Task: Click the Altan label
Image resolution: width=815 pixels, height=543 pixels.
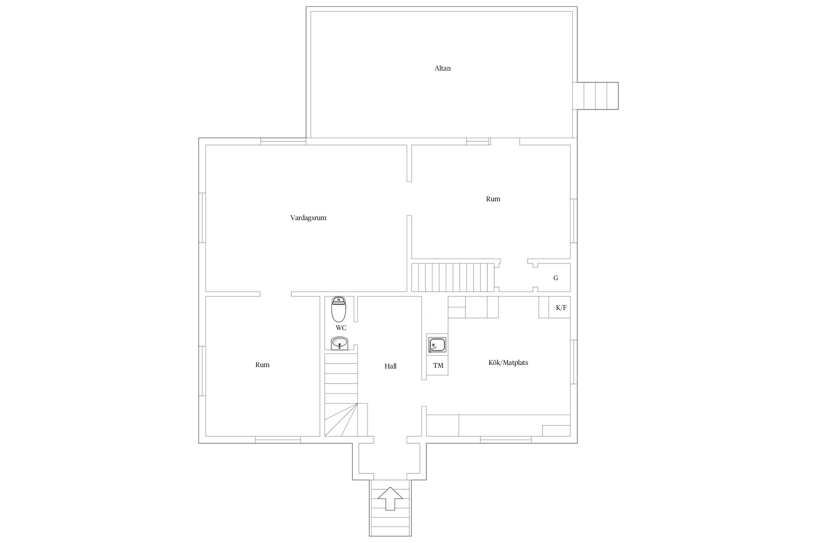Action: (x=443, y=68)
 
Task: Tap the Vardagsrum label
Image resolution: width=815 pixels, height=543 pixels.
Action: (x=308, y=218)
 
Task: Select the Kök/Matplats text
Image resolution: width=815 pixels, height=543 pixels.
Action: (x=508, y=362)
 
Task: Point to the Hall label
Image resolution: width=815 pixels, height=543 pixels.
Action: (x=390, y=366)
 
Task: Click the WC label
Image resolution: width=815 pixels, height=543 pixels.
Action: (x=341, y=328)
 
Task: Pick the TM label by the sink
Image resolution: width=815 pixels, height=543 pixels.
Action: (x=438, y=366)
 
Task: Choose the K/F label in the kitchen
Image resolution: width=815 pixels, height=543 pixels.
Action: (x=561, y=308)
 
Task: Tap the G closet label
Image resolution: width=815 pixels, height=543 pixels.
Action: (x=556, y=278)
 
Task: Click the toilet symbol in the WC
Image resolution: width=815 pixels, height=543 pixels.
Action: (x=339, y=309)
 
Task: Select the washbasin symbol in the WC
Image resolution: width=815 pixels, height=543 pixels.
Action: (x=340, y=343)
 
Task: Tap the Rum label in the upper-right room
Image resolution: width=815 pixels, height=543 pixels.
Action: (x=493, y=199)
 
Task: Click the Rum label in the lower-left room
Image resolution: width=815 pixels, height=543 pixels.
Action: (x=262, y=365)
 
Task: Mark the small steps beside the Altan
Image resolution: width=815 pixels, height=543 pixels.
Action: (x=598, y=96)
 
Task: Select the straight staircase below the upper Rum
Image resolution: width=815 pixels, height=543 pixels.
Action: (x=453, y=277)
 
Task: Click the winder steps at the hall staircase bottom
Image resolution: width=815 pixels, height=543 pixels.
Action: (x=341, y=420)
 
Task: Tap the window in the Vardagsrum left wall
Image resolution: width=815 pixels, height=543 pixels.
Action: (x=202, y=218)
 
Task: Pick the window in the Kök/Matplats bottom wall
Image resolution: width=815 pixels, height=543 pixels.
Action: (x=506, y=440)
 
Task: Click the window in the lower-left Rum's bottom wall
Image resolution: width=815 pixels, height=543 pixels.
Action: (x=278, y=440)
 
